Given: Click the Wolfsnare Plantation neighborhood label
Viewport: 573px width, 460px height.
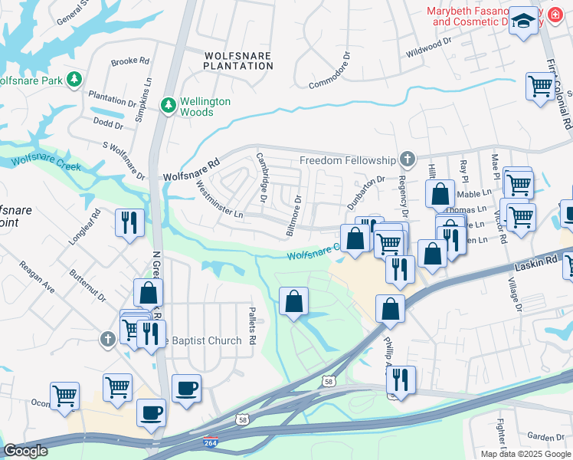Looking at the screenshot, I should pos(238,60).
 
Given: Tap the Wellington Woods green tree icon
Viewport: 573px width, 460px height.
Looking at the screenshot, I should pos(167,103).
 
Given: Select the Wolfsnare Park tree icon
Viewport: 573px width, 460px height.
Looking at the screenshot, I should pos(74,80).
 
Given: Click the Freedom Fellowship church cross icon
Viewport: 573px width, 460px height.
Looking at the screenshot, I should pos(408,159).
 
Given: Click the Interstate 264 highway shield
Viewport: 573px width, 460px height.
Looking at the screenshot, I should pos(210,443).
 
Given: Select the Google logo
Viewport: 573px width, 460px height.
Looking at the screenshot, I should pos(25,451).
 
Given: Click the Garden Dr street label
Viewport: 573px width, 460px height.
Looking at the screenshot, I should pos(545,437).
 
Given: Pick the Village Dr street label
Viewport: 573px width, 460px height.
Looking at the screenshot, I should pos(513,294).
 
